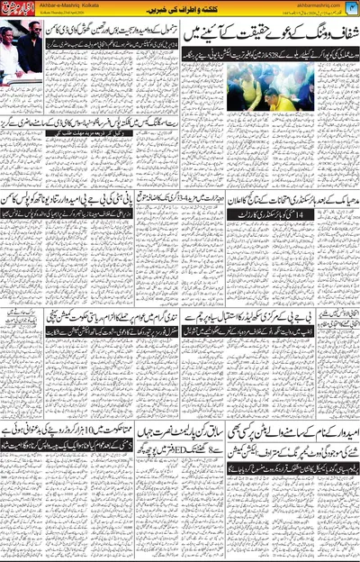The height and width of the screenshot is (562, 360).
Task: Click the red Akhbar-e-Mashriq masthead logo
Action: [x=17, y=13]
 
